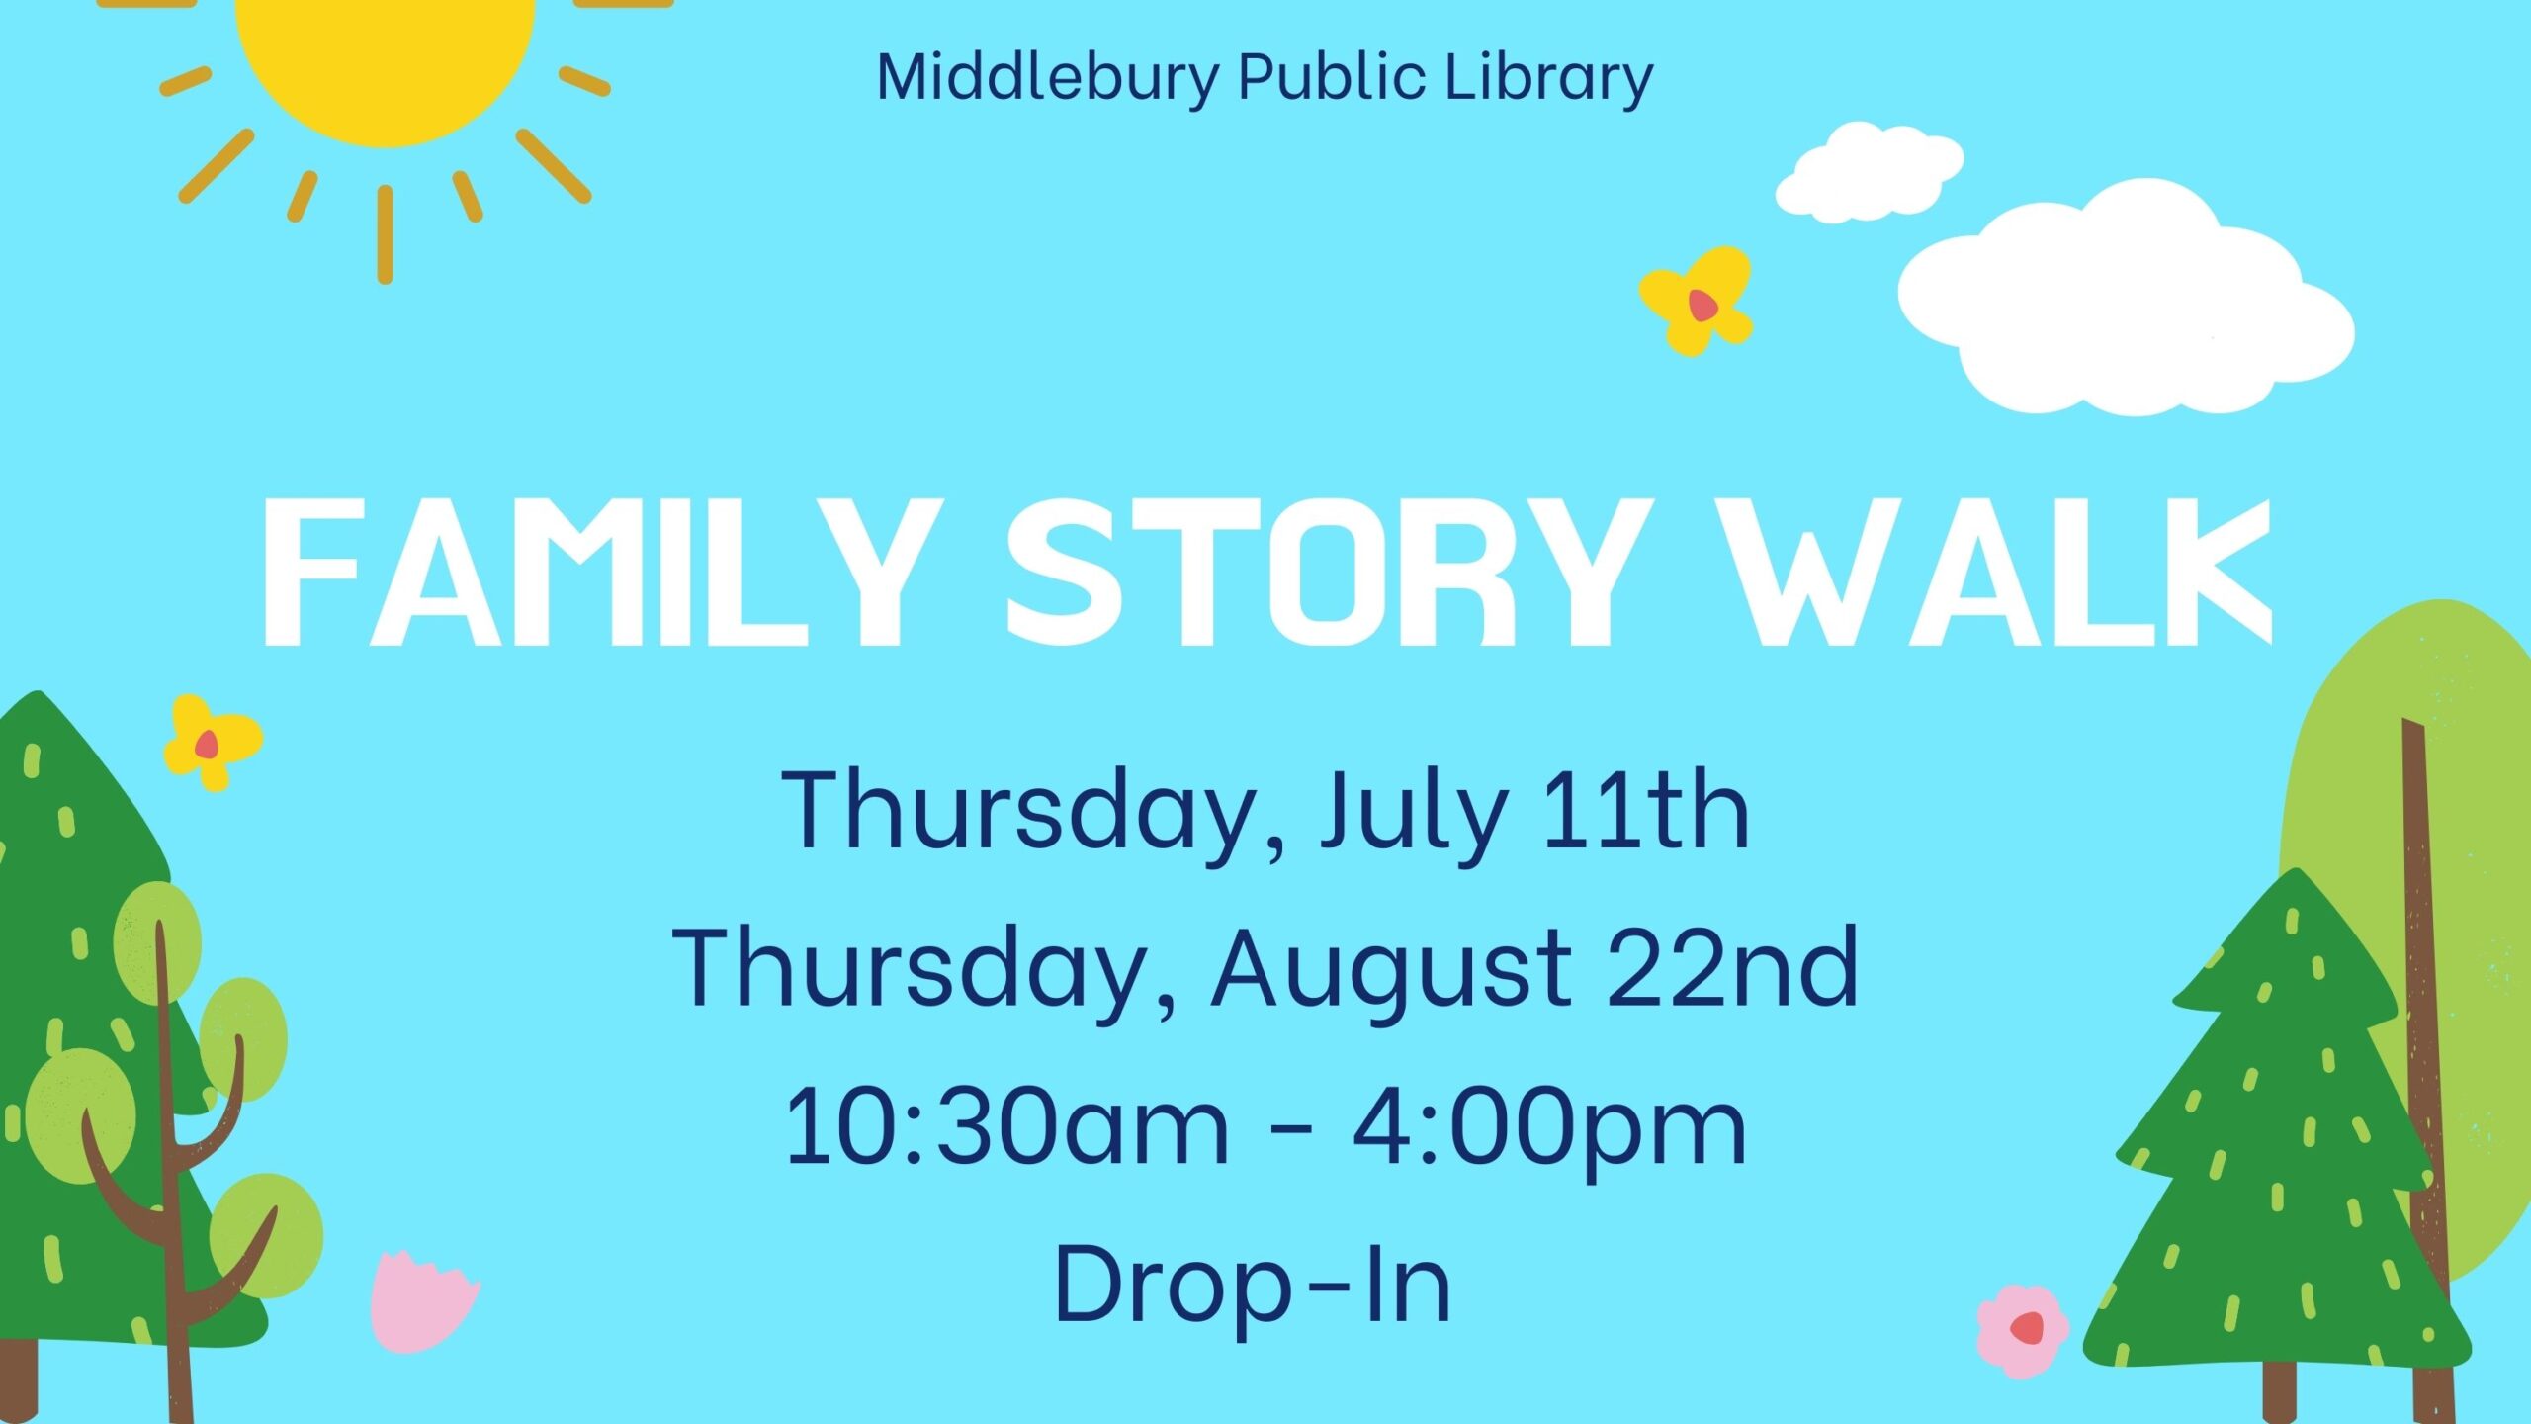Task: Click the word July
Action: click(x=1415, y=813)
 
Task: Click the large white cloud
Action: click(x=2126, y=297)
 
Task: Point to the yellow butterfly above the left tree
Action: click(x=212, y=742)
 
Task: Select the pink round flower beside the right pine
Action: click(x=2023, y=1330)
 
